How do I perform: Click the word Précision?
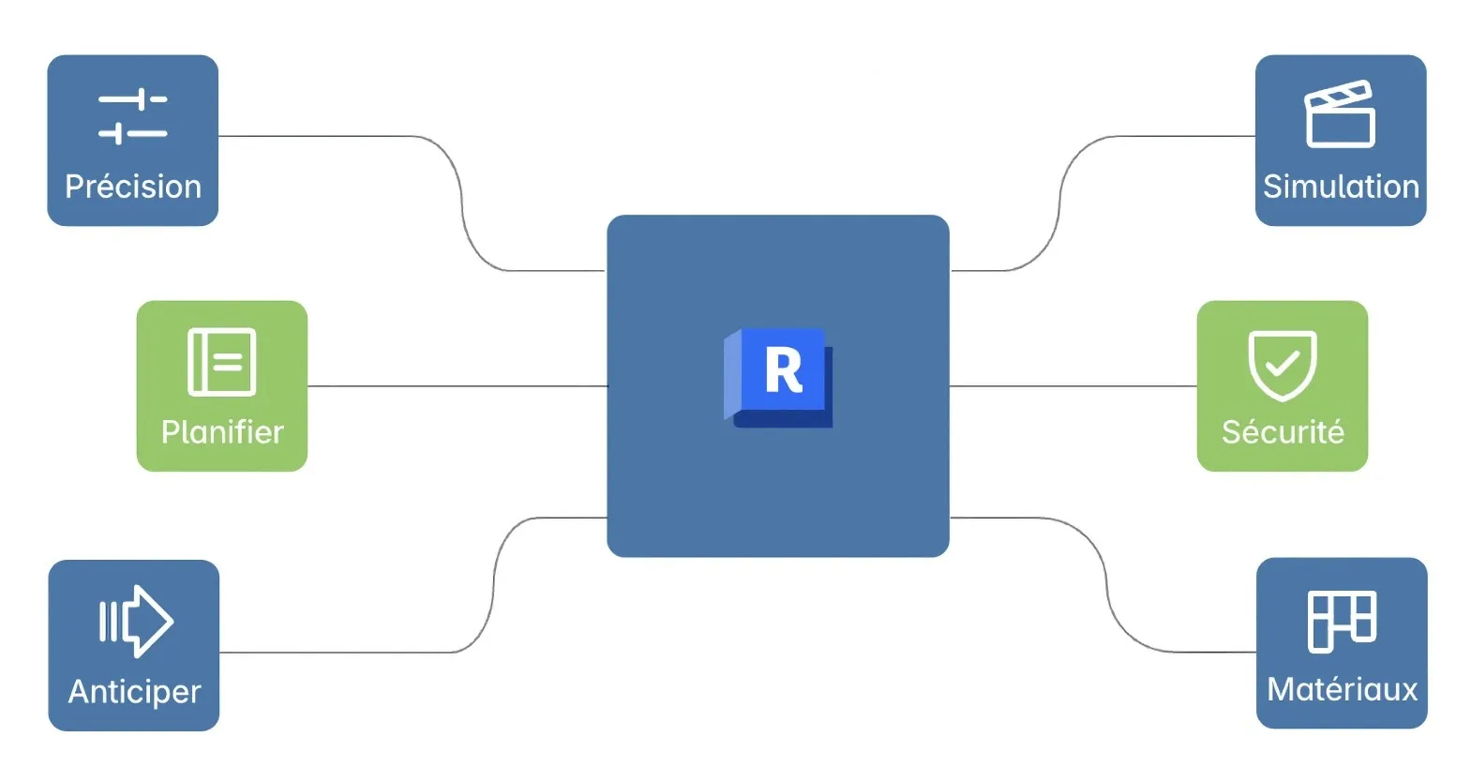pyautogui.click(x=133, y=187)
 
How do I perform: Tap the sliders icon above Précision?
pyautogui.click(x=133, y=116)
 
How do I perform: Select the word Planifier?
pyautogui.click(x=222, y=432)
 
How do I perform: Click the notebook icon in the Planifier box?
pyautogui.click(x=222, y=362)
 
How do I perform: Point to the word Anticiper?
pyautogui.click(x=134, y=692)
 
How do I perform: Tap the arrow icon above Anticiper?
pyautogui.click(x=136, y=621)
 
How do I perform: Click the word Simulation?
pyautogui.click(x=1341, y=187)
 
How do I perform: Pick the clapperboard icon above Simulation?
pyautogui.click(x=1340, y=114)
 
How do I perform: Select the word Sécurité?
pyautogui.click(x=1283, y=432)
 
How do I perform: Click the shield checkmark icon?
pyautogui.click(x=1283, y=364)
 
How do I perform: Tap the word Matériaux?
pyautogui.click(x=1342, y=690)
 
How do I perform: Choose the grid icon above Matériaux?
pyautogui.click(x=1342, y=621)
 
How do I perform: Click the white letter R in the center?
pyautogui.click(x=783, y=371)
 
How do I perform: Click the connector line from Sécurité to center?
pyautogui.click(x=1073, y=386)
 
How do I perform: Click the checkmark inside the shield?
pyautogui.click(x=1283, y=363)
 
